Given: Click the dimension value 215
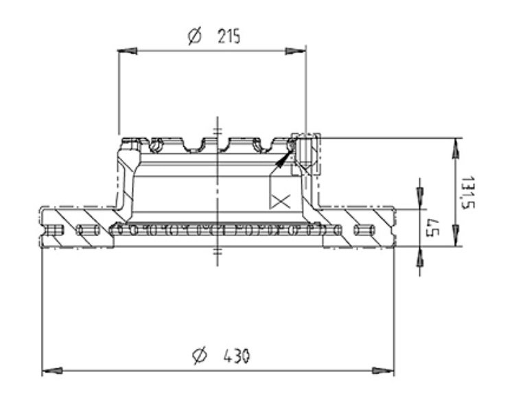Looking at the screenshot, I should tap(229, 36).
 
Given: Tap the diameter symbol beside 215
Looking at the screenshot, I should tap(196, 36).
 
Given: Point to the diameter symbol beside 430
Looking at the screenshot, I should tap(200, 356).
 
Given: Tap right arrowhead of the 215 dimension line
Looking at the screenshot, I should tap(296, 50).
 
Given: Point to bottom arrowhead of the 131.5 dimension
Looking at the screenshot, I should tap(454, 238).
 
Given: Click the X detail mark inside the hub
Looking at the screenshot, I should tap(280, 201).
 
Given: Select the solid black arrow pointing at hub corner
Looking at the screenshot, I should tap(281, 161).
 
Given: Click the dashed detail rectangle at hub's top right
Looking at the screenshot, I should tap(305, 152).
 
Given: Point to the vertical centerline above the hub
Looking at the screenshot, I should tap(218, 126).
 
